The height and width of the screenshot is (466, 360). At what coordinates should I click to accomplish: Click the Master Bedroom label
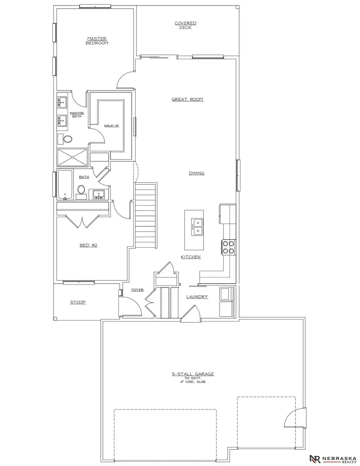[x=97, y=41]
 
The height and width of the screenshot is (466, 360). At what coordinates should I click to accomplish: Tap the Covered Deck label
[x=185, y=25]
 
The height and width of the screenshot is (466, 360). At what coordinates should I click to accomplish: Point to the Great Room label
[x=187, y=99]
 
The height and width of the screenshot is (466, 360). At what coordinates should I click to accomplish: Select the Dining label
[x=196, y=173]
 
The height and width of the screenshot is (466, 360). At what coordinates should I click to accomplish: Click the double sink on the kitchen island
[x=197, y=226]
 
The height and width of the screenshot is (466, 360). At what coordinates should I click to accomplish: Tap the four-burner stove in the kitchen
[x=228, y=247]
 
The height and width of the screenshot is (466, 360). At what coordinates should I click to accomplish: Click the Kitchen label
[x=190, y=257]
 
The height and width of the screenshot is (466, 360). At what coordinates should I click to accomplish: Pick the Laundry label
[x=197, y=297]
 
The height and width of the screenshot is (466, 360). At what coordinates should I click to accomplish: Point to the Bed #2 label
[x=88, y=245]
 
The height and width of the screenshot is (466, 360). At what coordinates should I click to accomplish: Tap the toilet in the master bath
[x=68, y=139]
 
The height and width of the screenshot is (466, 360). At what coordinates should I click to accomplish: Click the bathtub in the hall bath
[x=64, y=185]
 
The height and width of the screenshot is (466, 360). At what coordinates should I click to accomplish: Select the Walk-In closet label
[x=111, y=126]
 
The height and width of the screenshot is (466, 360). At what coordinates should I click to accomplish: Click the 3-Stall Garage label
[x=193, y=374]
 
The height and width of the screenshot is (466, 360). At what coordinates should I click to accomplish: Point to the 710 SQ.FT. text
[x=193, y=378]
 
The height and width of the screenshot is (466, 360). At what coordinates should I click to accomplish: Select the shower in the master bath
[x=72, y=157]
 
